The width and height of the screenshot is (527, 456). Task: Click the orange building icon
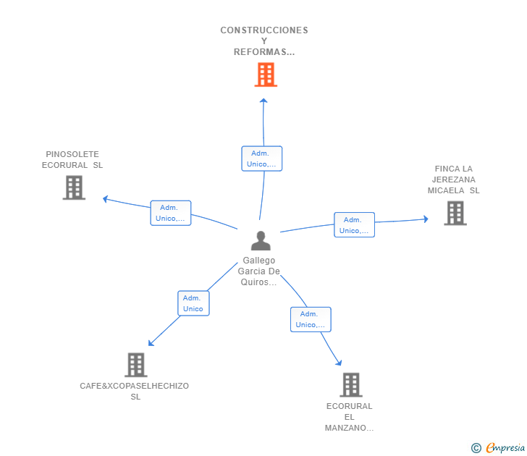266,75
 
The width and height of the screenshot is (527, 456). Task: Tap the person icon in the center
260,241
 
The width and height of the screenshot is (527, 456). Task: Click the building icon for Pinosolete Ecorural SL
74,187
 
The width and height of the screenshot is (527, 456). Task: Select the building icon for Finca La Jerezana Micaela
455,213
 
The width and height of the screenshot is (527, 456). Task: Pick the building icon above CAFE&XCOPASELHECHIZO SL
135,365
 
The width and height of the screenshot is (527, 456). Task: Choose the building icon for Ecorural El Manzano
350,384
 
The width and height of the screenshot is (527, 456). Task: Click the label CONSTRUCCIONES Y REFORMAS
264,41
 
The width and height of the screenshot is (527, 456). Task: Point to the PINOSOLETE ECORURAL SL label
72,159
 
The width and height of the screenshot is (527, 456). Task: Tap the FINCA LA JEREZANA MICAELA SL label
453,180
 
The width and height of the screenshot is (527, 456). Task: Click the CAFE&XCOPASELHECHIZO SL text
135,391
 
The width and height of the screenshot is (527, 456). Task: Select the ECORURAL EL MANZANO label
350,417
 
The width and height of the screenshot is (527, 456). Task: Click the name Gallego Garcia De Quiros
259,271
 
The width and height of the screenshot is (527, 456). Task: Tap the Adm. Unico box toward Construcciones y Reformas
261,159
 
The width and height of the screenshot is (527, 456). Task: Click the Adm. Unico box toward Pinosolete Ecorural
171,213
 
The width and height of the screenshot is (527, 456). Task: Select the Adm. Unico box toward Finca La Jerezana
354,225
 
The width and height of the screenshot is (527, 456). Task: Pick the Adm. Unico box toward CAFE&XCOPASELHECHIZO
193,303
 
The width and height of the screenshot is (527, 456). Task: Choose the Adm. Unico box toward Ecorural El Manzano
311,319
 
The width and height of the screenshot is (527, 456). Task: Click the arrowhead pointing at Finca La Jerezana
426,219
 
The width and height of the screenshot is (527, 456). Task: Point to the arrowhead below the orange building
263,101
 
